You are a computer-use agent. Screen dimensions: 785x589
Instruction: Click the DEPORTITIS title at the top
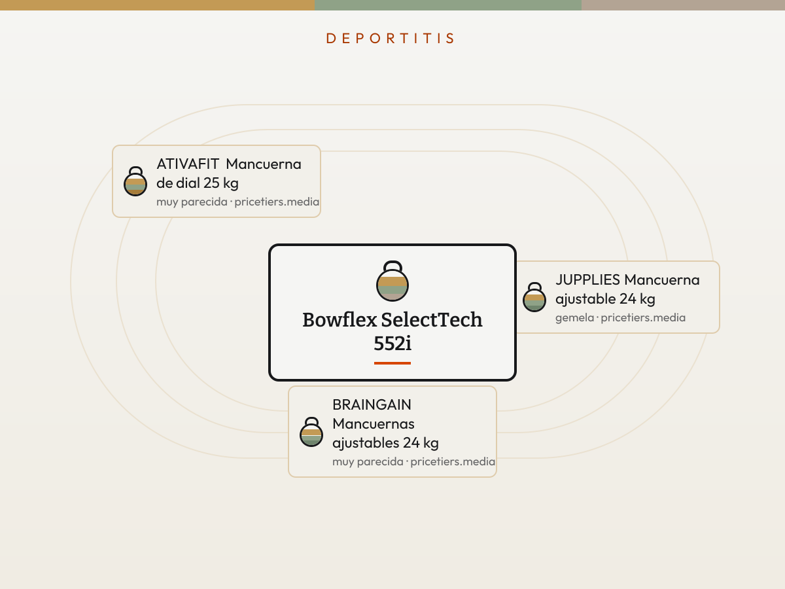tap(390, 38)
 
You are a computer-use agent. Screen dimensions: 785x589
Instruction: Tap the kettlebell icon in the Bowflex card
tap(392, 281)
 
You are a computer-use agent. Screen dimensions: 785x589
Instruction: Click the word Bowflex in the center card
tap(340, 320)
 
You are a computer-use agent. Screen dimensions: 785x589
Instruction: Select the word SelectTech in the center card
tap(432, 320)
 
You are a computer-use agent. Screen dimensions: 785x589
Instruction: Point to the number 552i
tap(392, 344)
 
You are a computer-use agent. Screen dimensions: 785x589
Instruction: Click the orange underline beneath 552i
tap(392, 363)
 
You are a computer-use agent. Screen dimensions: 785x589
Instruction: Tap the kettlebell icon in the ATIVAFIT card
tap(135, 181)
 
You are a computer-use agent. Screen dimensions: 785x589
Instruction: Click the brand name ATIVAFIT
tap(187, 164)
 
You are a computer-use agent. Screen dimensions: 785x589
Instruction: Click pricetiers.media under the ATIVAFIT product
tap(277, 202)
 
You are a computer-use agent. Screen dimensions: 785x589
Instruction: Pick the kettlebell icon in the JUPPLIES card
tap(534, 297)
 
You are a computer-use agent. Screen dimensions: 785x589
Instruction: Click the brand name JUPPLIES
tap(587, 280)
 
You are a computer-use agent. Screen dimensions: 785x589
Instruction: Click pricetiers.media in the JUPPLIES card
tap(643, 317)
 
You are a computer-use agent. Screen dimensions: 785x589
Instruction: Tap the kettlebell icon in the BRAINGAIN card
tap(311, 432)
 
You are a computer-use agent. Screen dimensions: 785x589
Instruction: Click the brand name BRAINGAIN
tap(372, 405)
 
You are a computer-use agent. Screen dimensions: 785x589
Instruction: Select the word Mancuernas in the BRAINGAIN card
tap(374, 424)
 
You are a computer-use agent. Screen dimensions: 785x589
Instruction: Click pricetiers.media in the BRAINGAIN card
tap(453, 461)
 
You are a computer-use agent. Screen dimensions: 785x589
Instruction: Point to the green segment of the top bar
tap(447, 5)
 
